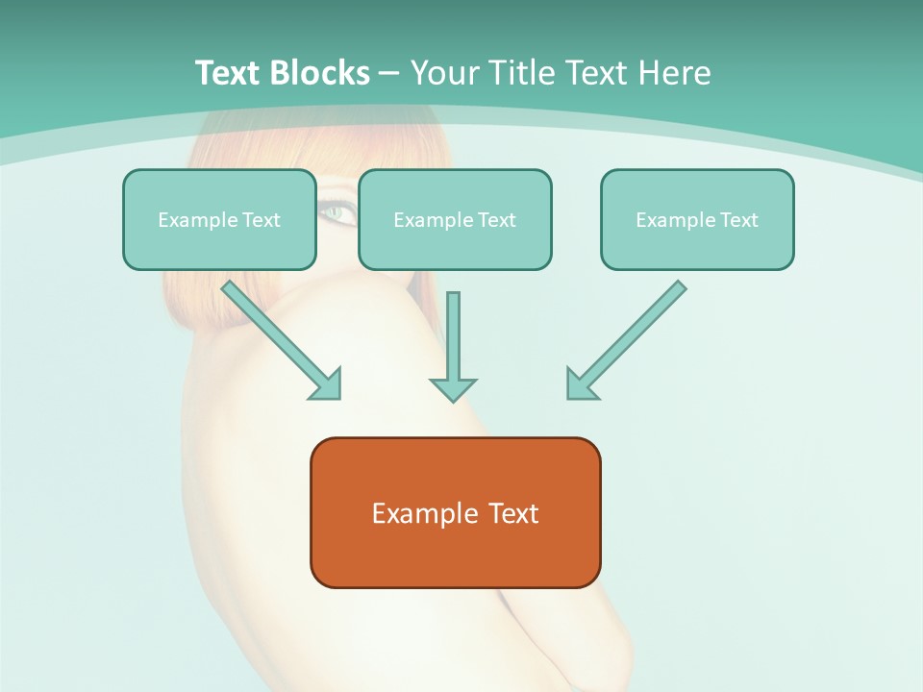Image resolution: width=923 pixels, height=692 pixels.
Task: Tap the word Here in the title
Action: [x=674, y=73]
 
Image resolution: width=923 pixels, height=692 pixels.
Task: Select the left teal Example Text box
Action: [x=219, y=219]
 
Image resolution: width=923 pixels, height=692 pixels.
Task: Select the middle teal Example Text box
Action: [x=455, y=219]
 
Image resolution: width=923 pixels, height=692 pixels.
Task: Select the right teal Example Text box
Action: [x=697, y=219]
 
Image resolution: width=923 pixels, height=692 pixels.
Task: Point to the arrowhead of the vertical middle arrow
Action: [x=453, y=389]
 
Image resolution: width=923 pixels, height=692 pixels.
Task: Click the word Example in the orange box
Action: [x=412, y=513]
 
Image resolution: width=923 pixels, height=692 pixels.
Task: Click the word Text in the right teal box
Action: [x=738, y=220]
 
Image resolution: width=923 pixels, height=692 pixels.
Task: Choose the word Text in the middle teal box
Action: [x=496, y=220]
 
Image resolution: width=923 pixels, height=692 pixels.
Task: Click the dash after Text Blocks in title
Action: [x=389, y=74]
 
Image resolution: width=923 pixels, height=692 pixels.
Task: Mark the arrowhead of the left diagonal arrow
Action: [x=327, y=384]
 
